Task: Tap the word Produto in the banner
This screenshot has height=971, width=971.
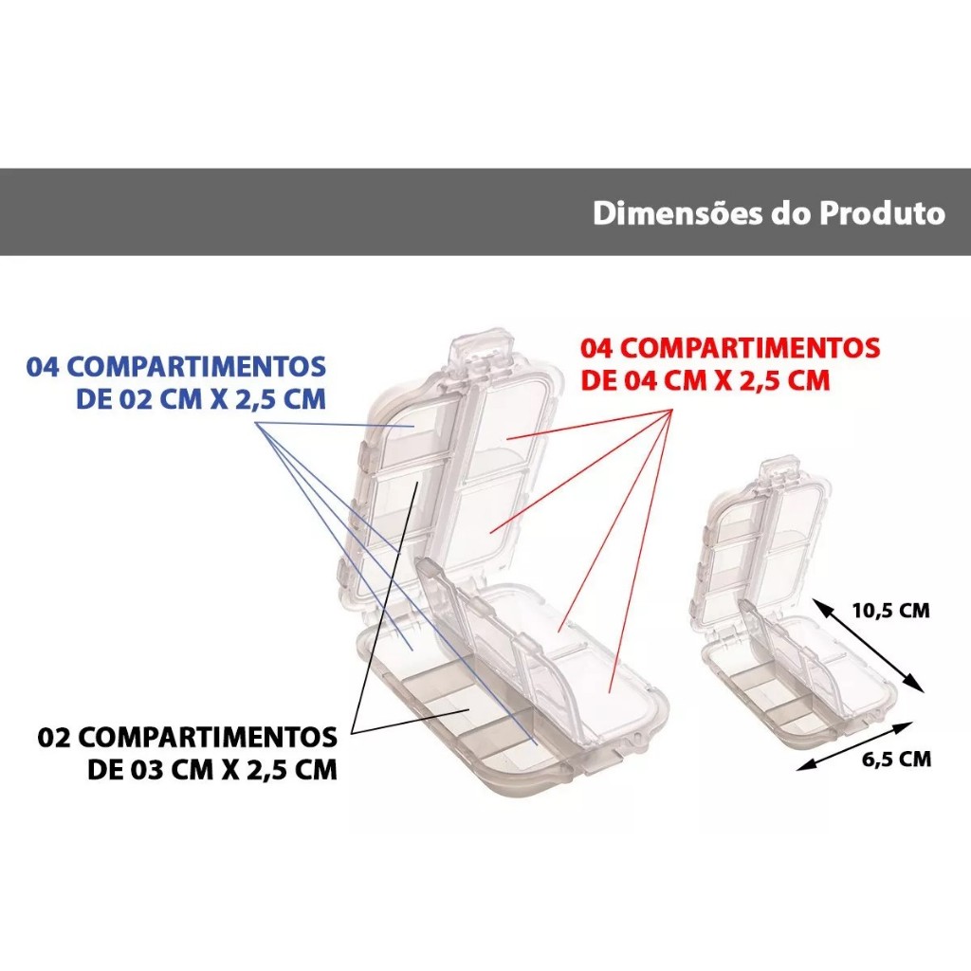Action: point(883,212)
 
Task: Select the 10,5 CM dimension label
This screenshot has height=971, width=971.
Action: point(890,611)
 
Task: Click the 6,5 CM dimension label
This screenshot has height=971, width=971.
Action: point(896,759)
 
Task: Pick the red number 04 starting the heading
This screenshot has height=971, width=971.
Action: point(597,348)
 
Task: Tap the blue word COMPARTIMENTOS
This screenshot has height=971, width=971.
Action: point(195,367)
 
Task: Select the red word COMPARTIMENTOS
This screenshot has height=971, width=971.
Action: point(750,348)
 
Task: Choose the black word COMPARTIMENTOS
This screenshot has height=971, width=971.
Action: point(208,738)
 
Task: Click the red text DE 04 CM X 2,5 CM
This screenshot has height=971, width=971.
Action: point(705,380)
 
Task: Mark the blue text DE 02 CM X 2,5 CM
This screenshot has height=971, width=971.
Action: point(201,399)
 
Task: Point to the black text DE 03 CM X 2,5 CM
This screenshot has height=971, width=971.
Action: point(212,770)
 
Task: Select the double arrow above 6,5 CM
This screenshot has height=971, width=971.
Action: point(855,745)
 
